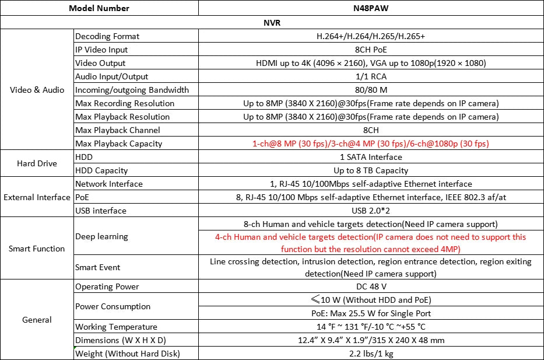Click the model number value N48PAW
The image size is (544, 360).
pyautogui.click(x=370, y=8)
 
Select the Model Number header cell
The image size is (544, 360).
pyautogui.click(x=99, y=8)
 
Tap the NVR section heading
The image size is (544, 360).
pyautogui.click(x=272, y=22)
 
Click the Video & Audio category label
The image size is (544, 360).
pyautogui.click(x=37, y=90)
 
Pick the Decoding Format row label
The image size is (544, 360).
pyautogui.click(x=107, y=36)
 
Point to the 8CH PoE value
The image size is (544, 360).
pyautogui.click(x=370, y=50)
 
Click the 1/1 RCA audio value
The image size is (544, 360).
pyautogui.click(x=370, y=76)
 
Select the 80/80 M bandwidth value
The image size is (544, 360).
pyautogui.click(x=370, y=90)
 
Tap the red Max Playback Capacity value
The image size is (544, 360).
pyautogui.click(x=370, y=144)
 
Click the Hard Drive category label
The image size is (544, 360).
pyautogui.click(x=37, y=163)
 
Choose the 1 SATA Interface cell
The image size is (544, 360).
pyautogui.click(x=370, y=157)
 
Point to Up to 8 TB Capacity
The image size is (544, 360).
pyautogui.click(x=370, y=170)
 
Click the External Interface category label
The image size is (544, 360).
pyautogui.click(x=37, y=197)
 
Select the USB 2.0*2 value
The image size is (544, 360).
pyautogui.click(x=370, y=211)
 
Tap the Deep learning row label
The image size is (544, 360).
pyautogui.click(x=101, y=236)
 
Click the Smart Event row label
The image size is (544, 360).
pyautogui.click(x=98, y=267)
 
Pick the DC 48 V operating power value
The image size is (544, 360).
pyautogui.click(x=370, y=286)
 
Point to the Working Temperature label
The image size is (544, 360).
pyautogui.click(x=116, y=327)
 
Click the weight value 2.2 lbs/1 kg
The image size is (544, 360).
pyautogui.click(x=370, y=354)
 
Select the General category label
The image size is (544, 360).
pyautogui.click(x=37, y=320)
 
